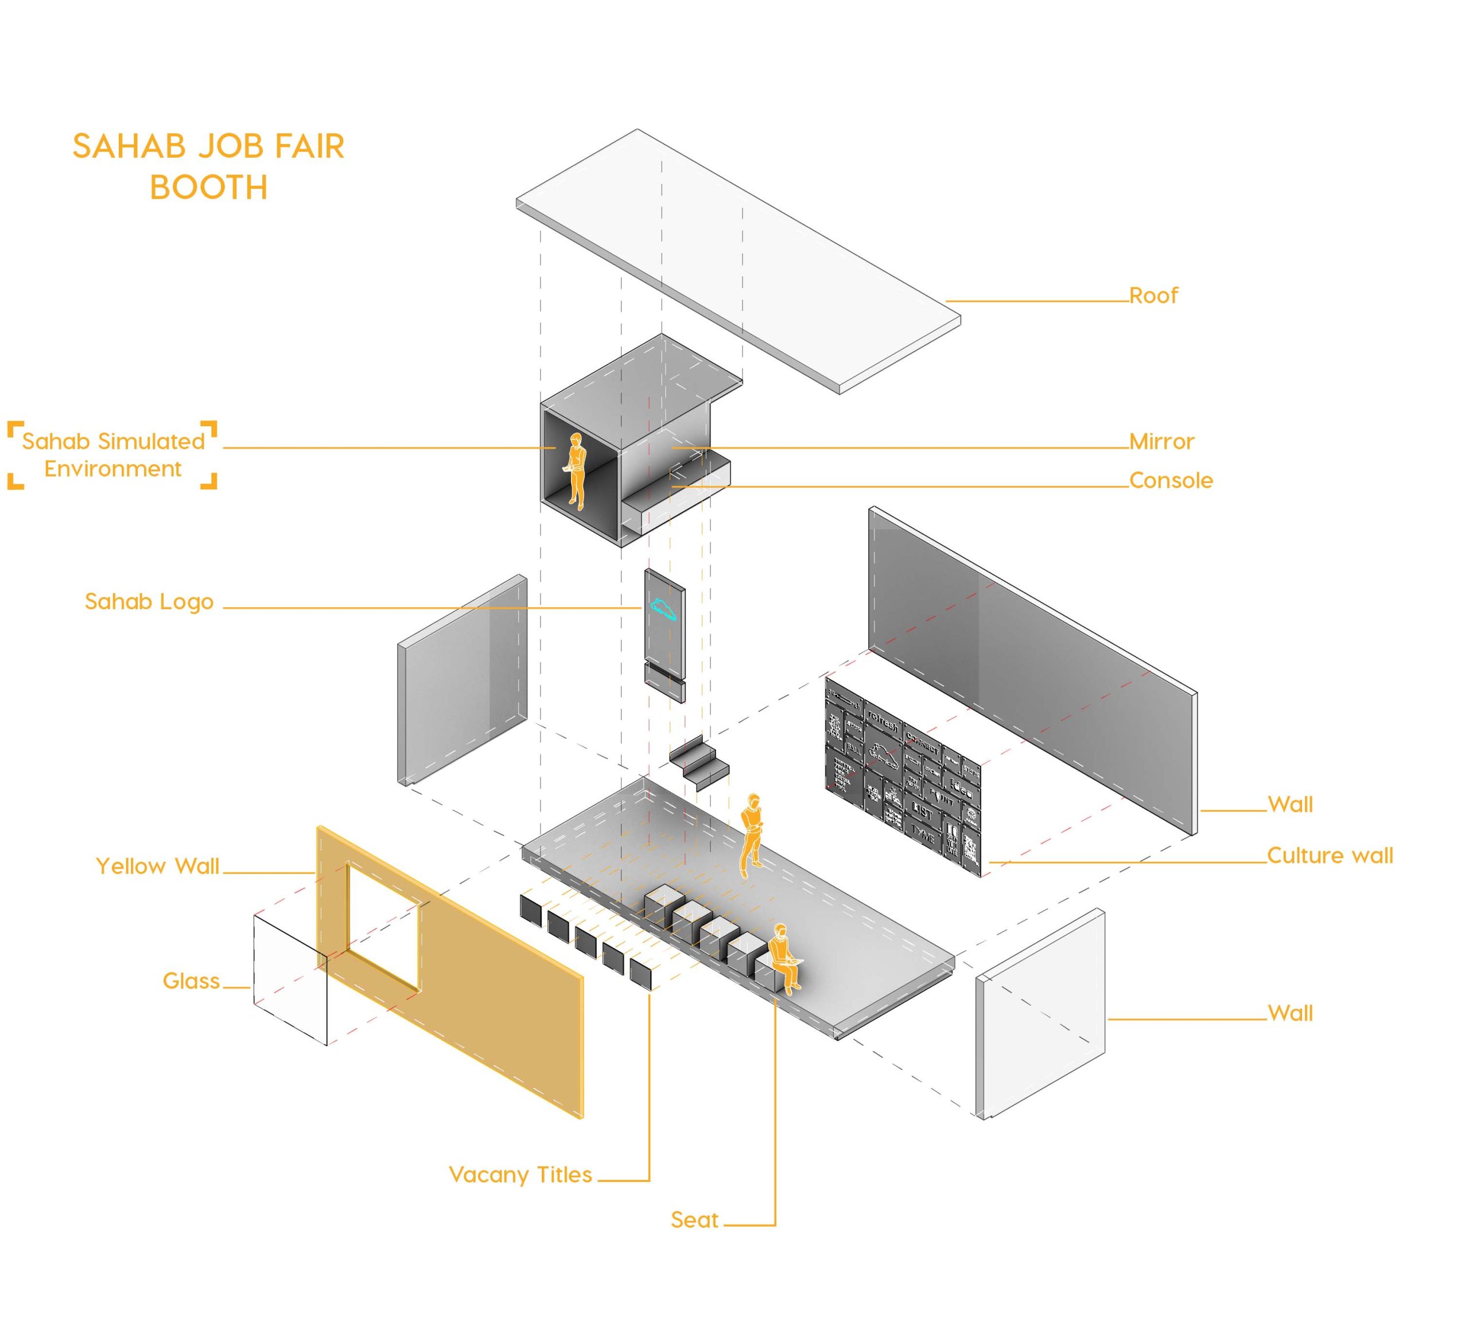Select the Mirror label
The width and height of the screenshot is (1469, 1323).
(x=1161, y=441)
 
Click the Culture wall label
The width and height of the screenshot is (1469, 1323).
(x=1330, y=855)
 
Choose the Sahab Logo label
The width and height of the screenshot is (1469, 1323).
(x=149, y=601)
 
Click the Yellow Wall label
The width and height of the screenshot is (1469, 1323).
(x=157, y=866)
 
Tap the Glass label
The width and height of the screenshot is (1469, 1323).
(x=191, y=980)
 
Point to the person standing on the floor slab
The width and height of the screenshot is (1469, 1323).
(x=752, y=833)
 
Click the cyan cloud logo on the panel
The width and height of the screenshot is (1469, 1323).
(x=663, y=609)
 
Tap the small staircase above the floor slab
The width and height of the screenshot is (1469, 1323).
(x=699, y=762)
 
